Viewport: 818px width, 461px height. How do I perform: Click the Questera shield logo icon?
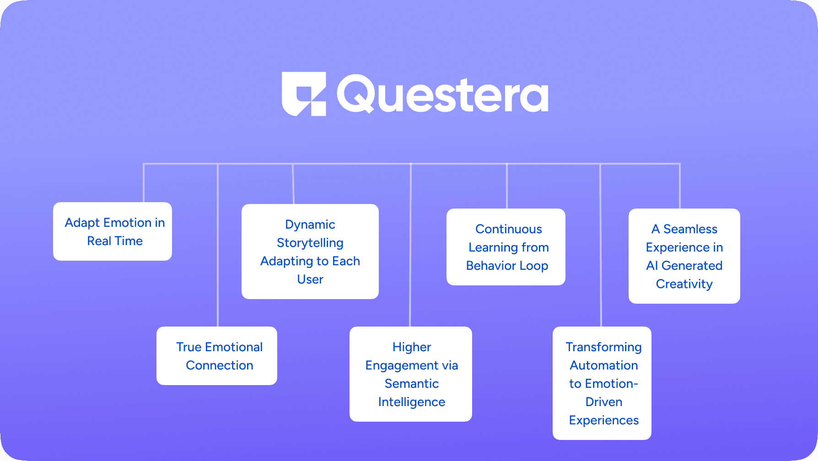click(x=304, y=94)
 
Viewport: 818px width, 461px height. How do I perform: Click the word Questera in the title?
click(x=442, y=94)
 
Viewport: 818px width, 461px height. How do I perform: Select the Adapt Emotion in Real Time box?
click(x=113, y=231)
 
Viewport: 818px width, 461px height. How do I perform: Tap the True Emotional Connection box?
click(x=217, y=356)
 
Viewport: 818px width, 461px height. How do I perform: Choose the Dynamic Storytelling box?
click(x=310, y=252)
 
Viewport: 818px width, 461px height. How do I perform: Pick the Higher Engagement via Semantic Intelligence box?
click(x=411, y=374)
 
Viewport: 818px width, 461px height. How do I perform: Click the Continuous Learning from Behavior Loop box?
click(x=506, y=247)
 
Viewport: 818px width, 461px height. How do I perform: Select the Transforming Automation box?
click(x=602, y=383)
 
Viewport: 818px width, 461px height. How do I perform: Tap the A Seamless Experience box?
click(x=684, y=256)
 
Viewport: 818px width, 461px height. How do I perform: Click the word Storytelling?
click(x=310, y=243)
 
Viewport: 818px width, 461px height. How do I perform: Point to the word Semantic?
click(x=412, y=384)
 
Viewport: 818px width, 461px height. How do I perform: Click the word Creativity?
click(x=684, y=284)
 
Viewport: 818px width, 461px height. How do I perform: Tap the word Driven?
click(x=604, y=402)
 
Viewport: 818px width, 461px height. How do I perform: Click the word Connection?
click(x=220, y=365)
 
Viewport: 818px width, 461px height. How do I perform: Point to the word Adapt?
click(x=82, y=223)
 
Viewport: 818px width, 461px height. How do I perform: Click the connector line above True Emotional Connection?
click(x=218, y=245)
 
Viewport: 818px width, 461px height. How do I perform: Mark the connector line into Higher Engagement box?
click(x=411, y=245)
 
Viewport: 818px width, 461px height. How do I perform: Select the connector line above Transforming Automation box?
click(x=600, y=245)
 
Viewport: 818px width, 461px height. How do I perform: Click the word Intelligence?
click(x=412, y=402)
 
